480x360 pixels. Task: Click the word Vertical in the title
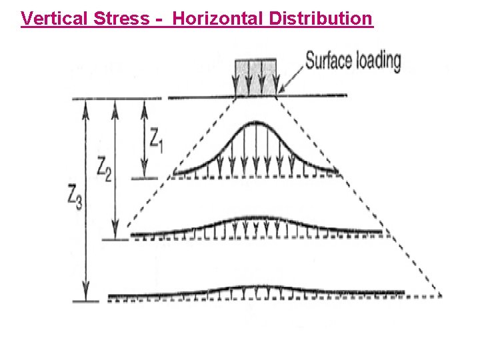(51, 18)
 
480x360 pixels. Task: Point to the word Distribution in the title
(321, 18)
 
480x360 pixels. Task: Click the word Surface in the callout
(327, 61)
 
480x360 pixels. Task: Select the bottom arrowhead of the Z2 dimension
(115, 234)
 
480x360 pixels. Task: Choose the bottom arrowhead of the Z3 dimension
(85, 296)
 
